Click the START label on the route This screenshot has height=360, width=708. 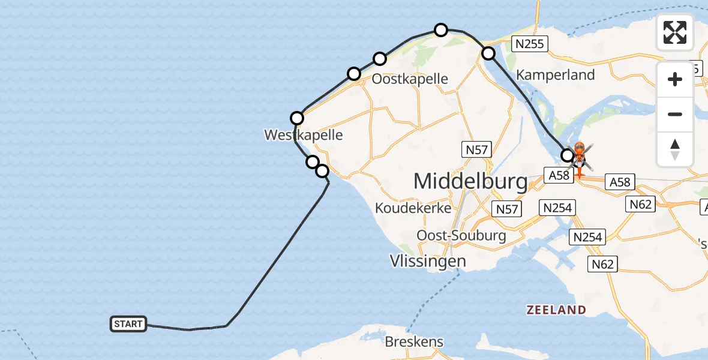128,324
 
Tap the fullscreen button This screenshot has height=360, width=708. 675,32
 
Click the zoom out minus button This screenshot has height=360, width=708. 675,114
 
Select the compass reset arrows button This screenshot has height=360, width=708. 675,149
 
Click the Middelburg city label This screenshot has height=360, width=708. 470,181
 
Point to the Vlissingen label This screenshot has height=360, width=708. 427,261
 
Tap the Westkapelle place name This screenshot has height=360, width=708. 304,135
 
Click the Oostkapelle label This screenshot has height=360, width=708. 410,79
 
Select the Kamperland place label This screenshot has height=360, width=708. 556,75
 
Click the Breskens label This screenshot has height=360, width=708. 414,342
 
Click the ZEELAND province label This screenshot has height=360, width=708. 556,310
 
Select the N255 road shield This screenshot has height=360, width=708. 528,44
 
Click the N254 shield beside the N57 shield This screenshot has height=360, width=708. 557,208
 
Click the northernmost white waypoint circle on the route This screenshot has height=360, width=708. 441,29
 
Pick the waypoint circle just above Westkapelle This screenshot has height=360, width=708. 297,118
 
